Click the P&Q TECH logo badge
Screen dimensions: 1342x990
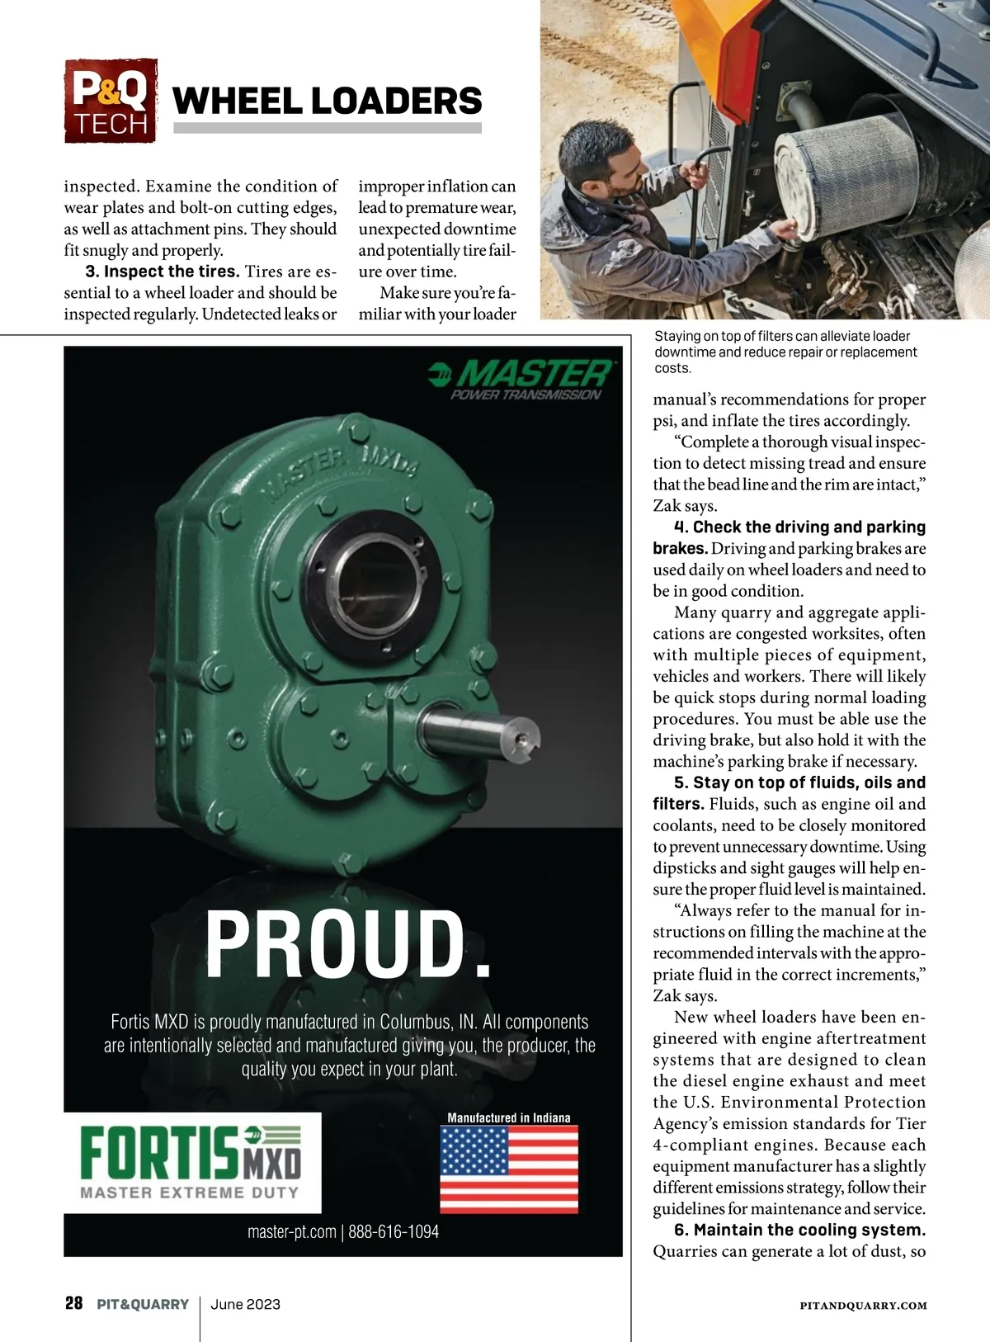click(x=111, y=101)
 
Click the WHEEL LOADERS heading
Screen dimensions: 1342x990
click(x=327, y=102)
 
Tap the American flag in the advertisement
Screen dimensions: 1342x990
click(x=508, y=1169)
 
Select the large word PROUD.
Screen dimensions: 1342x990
click(x=348, y=945)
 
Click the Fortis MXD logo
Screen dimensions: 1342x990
click(x=191, y=1154)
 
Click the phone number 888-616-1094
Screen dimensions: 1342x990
click(x=394, y=1232)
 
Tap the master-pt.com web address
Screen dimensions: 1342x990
click(x=291, y=1232)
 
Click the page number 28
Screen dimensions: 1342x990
click(x=74, y=1304)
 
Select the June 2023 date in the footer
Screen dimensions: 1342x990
click(x=245, y=1304)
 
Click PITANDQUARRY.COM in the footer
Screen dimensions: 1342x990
click(x=863, y=1306)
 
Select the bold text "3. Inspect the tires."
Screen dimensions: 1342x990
click(x=163, y=272)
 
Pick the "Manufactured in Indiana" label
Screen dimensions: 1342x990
click(x=508, y=1118)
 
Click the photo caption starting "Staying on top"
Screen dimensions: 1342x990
click(x=785, y=352)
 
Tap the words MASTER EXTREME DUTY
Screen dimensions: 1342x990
click(x=189, y=1193)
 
